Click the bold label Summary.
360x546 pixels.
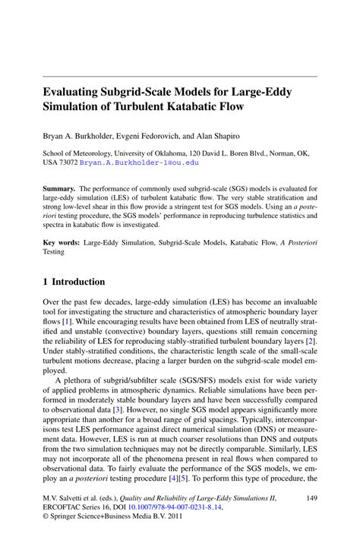[59, 188]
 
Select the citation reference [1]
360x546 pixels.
[68, 321]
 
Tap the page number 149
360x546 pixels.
[311, 497]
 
